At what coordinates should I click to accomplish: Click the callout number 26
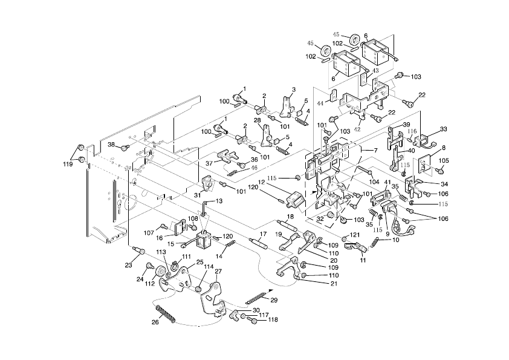[x=155, y=322]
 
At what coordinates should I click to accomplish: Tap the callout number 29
[x=274, y=301]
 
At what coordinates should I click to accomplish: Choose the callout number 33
[x=443, y=129]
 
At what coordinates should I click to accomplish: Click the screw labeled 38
[x=125, y=147]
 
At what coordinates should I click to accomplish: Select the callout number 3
[x=293, y=90]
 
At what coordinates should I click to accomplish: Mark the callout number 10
[x=396, y=240]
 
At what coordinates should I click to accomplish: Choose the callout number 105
[x=444, y=160]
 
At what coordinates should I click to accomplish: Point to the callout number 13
[x=219, y=201]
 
